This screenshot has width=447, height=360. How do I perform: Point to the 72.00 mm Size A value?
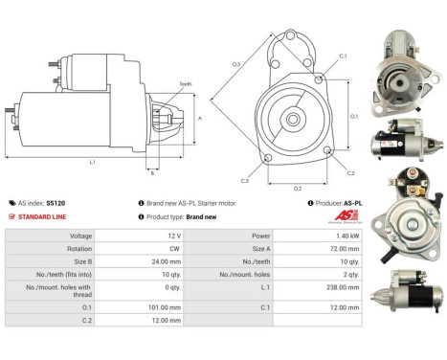tap(350, 248)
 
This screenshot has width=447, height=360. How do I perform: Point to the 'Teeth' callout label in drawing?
tap(185, 84)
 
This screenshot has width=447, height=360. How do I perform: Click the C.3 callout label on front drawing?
tap(245, 180)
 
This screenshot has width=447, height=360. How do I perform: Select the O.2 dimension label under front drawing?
tap(297, 189)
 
